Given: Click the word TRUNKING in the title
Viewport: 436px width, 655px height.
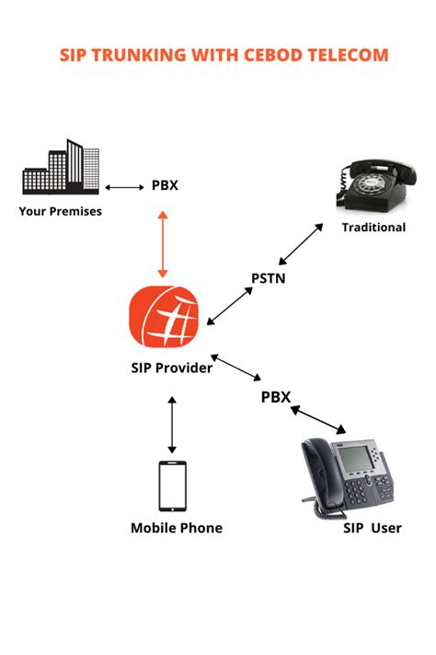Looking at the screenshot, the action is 139,55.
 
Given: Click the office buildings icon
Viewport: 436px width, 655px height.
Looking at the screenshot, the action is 61,167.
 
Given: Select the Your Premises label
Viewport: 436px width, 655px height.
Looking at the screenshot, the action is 60,211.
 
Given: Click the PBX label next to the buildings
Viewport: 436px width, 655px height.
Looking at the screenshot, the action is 165,185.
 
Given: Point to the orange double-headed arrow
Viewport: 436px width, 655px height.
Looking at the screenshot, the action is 163,244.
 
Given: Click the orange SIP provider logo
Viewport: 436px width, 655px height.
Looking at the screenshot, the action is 164,317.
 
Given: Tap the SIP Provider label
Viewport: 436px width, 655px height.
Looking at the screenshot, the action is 171,368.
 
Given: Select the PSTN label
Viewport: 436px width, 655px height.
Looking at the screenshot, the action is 269,278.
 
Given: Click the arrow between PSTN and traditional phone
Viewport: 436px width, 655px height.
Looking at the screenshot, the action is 301,244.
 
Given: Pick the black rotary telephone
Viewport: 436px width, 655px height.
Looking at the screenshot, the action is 376,185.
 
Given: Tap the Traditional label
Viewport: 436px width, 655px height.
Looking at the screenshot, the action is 373,228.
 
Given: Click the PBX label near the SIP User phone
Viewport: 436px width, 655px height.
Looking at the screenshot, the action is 276,397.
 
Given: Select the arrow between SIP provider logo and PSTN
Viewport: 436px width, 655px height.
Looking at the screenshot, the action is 230,306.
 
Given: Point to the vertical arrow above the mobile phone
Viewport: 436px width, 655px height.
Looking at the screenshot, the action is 172,425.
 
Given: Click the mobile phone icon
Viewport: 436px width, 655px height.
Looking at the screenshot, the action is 172,485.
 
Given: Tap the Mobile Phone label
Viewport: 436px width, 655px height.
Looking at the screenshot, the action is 177,528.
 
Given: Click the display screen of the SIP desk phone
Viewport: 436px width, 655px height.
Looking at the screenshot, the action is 354,458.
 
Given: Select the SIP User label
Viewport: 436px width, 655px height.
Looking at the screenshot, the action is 373,528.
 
